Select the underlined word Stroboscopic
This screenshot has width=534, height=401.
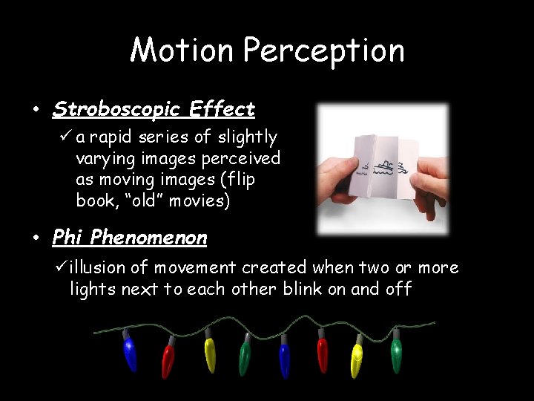tap(116, 110)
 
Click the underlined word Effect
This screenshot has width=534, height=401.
tap(222, 110)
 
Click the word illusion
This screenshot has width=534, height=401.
tap(102, 267)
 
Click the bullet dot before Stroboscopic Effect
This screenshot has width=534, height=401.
tap(36, 111)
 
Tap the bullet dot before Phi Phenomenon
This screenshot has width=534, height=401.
tap(36, 238)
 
